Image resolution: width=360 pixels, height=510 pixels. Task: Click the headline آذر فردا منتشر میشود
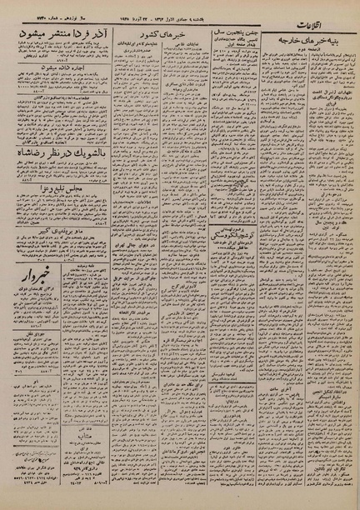point(62,31)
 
